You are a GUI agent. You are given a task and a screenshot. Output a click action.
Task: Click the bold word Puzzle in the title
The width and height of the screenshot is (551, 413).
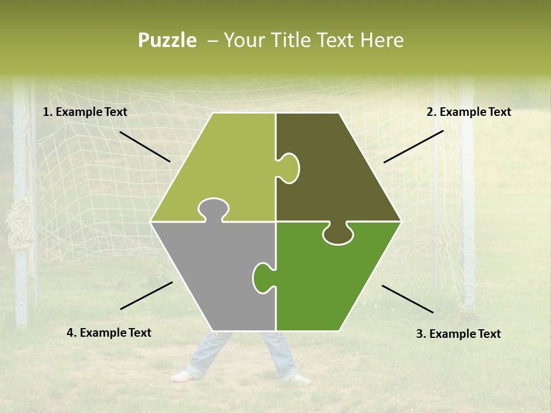pyautogui.click(x=167, y=40)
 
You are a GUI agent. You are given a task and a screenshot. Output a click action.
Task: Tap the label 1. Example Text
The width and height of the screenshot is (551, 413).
pyautogui.click(x=85, y=112)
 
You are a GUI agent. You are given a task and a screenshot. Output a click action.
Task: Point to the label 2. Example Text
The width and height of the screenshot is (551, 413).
pyautogui.click(x=468, y=112)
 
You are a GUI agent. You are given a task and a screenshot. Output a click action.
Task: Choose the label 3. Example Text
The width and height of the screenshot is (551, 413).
pyautogui.click(x=458, y=334)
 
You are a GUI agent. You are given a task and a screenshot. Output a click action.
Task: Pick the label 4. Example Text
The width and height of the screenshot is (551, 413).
pyautogui.click(x=109, y=333)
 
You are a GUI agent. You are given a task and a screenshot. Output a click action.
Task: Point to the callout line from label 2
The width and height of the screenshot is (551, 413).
pyautogui.click(x=413, y=146)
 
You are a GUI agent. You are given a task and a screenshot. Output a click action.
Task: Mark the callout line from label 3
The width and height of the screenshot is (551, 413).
pyautogui.click(x=408, y=299)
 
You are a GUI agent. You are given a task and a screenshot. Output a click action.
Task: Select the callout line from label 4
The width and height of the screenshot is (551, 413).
pyautogui.click(x=146, y=295)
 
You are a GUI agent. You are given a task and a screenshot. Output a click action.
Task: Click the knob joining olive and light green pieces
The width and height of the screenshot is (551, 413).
pyautogui.click(x=289, y=168)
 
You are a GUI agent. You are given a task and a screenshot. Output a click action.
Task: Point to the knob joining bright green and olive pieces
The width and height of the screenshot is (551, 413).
pyautogui.click(x=337, y=234)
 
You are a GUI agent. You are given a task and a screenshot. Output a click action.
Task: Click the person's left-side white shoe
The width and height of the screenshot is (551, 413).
pyautogui.click(x=183, y=376)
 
